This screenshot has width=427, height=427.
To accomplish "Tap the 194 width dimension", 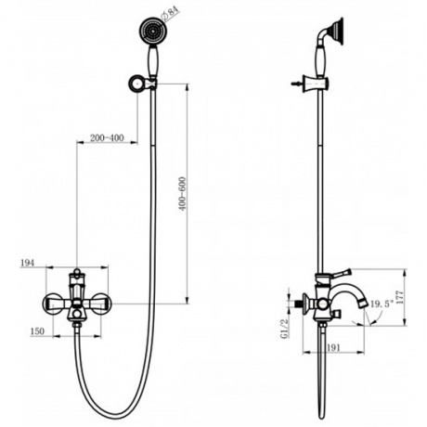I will [29, 265].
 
